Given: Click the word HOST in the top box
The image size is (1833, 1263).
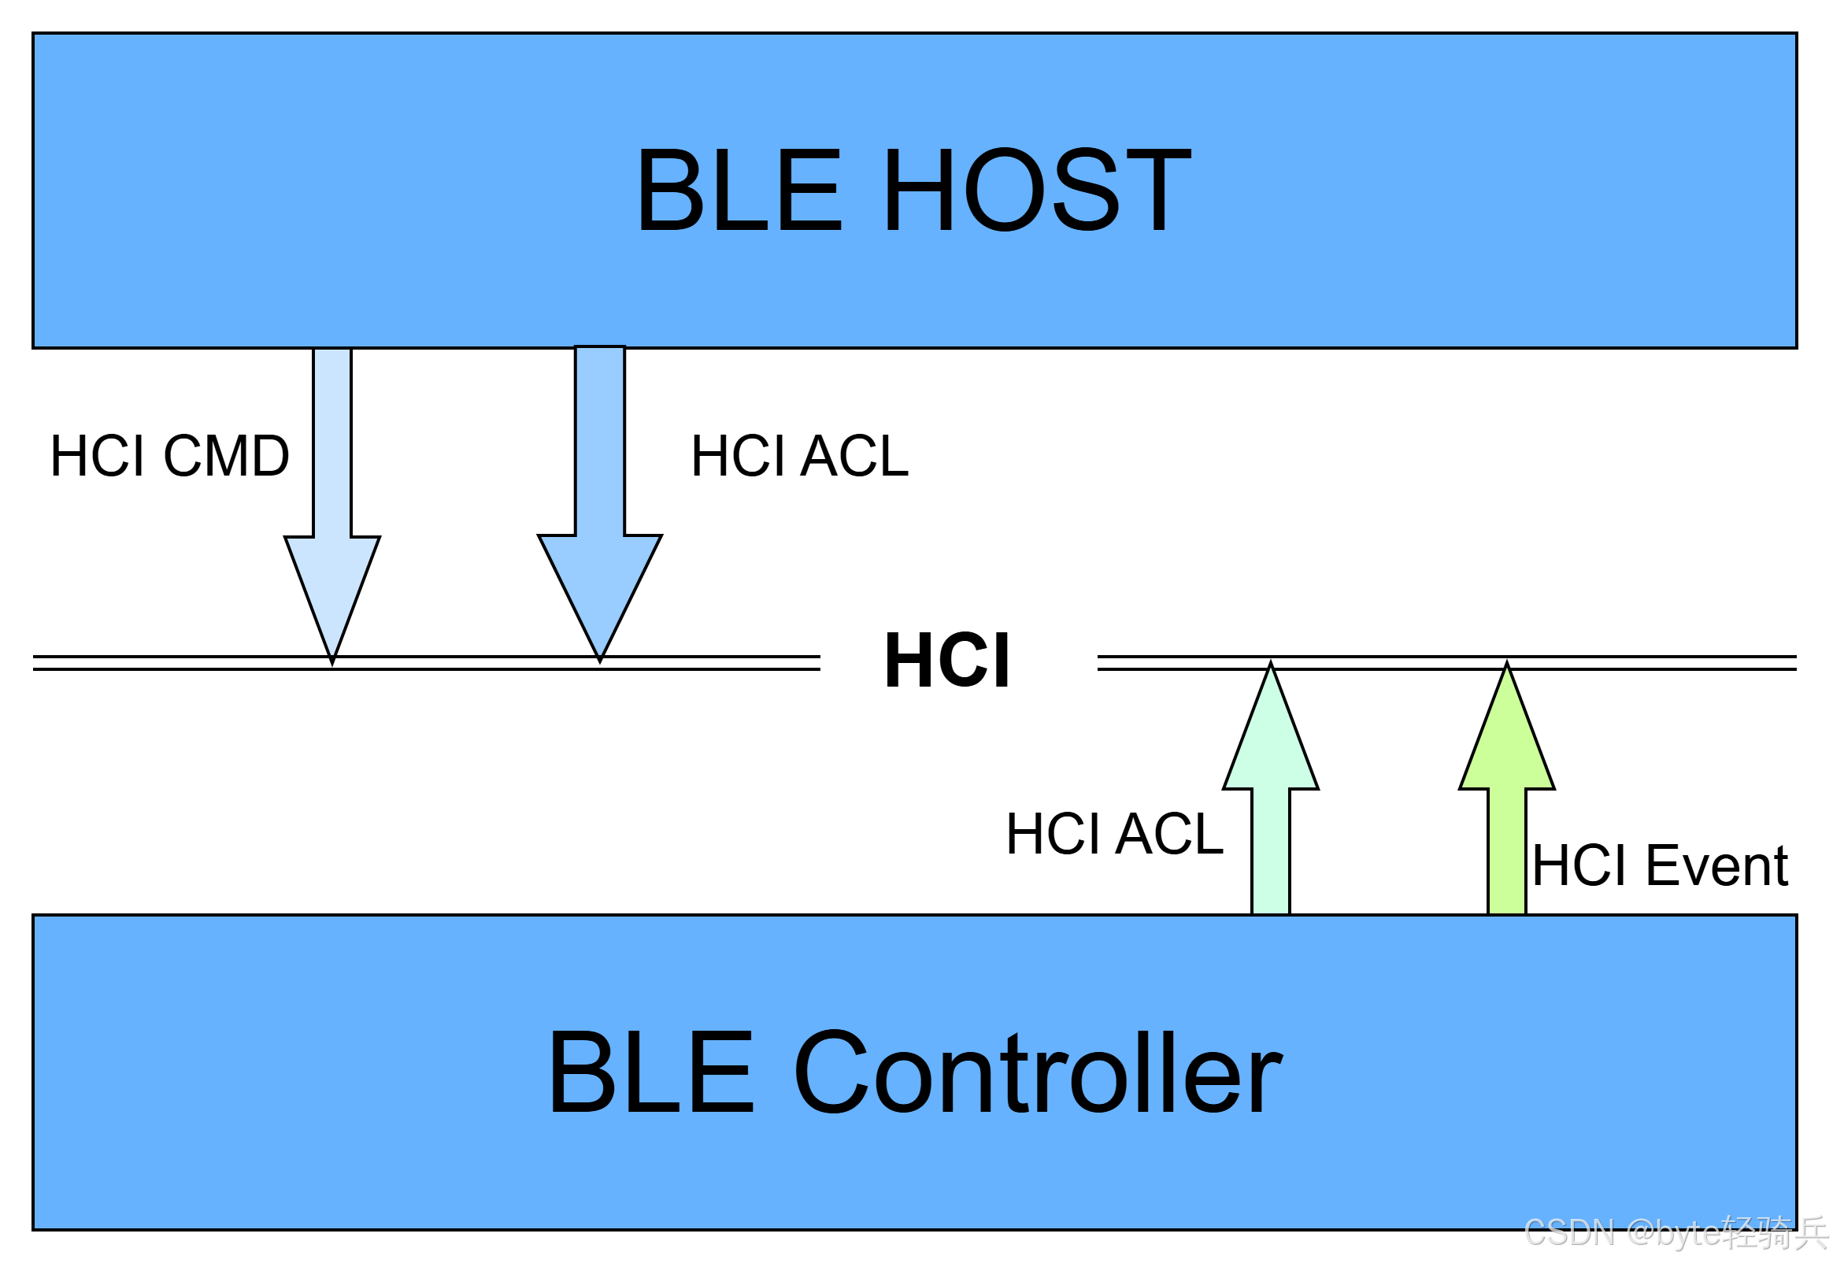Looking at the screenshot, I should tap(1037, 190).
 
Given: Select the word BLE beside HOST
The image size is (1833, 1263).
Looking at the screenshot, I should tap(739, 190).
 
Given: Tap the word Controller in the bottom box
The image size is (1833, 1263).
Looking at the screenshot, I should tap(1037, 1072).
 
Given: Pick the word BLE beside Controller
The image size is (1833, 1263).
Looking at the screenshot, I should tap(650, 1072).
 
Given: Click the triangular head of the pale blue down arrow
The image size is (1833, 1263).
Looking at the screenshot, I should tap(332, 586).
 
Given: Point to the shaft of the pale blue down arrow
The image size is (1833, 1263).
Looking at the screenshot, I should tap(332, 443).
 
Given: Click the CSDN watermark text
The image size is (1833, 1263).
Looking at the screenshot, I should tap(1568, 1232).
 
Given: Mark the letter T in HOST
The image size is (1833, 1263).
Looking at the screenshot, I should tap(1160, 190).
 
